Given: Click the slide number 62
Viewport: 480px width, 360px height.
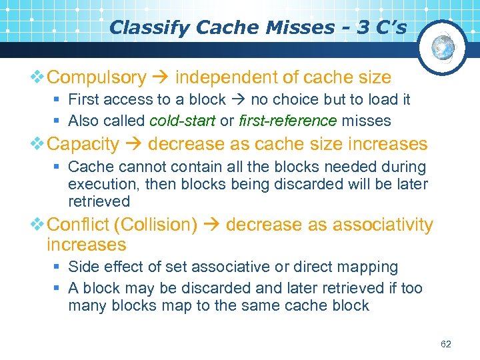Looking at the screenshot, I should click(x=446, y=344).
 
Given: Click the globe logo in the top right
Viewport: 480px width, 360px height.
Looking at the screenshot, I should click(x=443, y=47).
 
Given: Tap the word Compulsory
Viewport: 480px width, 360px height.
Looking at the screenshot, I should click(x=97, y=78).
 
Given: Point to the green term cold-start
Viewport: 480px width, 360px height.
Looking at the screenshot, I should click(x=183, y=121).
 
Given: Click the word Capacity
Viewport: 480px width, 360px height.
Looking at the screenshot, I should click(x=83, y=144).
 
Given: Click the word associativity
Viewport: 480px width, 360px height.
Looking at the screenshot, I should click(x=377, y=225).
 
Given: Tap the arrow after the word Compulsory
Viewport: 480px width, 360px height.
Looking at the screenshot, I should click(x=160, y=78).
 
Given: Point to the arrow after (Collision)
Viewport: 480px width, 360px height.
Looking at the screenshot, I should click(x=211, y=225).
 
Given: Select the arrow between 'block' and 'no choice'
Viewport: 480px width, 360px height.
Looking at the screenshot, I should click(x=237, y=100).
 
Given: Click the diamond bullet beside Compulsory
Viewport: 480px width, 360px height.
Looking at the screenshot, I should click(x=38, y=78).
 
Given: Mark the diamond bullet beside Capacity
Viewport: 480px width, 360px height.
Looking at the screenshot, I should click(x=38, y=144).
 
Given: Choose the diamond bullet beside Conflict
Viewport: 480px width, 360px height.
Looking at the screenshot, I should click(x=38, y=225).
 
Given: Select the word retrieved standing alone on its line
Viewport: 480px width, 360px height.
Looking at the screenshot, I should click(x=99, y=201).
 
